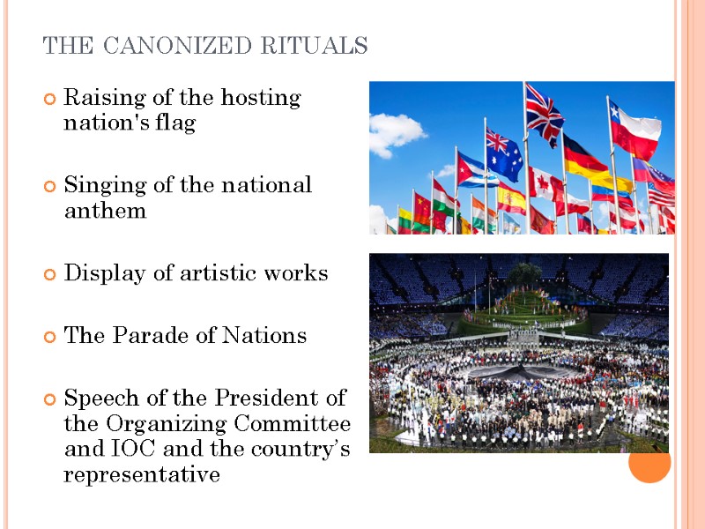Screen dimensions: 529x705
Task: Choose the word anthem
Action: (x=105, y=212)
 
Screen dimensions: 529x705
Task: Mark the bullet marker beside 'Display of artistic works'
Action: (x=50, y=275)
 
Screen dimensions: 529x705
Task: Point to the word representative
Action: (x=141, y=476)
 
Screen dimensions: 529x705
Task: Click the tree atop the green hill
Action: (x=526, y=272)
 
